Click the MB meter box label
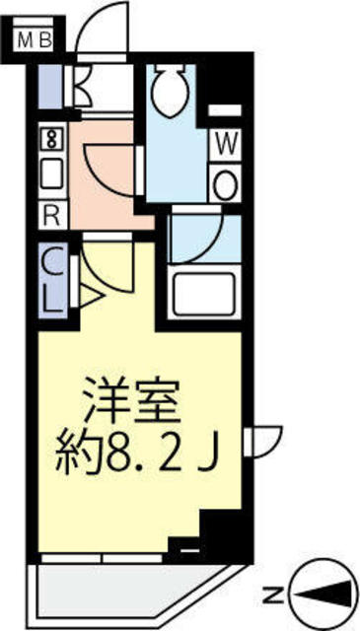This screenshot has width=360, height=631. click(35, 41)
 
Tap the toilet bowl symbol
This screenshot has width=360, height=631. click(172, 90)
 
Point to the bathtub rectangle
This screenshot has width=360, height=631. click(205, 294)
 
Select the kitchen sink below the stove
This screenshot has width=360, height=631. click(52, 173)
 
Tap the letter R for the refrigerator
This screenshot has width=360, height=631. click(52, 218)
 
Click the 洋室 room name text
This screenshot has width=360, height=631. click(130, 402)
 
